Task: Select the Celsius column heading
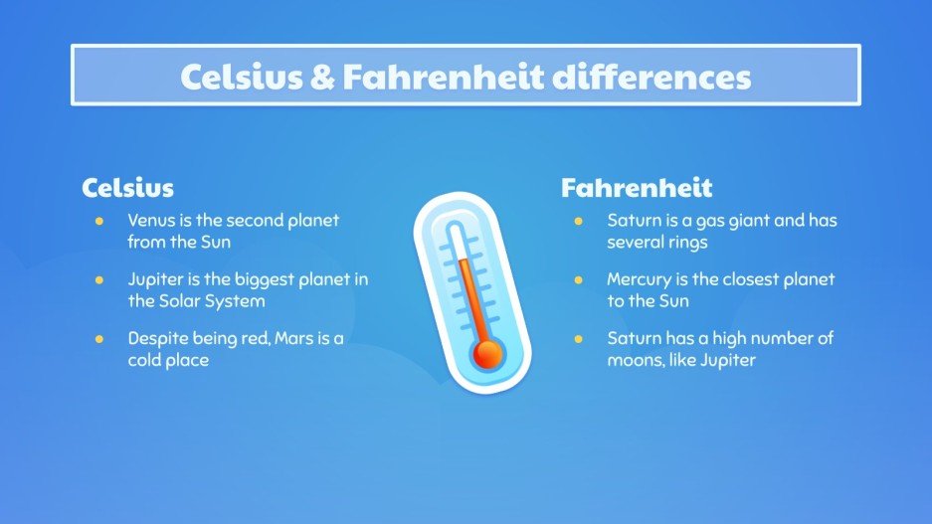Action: coord(127,187)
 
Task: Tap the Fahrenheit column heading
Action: coord(637,187)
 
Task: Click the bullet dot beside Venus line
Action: coord(98,221)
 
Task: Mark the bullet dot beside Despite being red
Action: coord(98,339)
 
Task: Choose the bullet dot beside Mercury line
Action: coord(579,279)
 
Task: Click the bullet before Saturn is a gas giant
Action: coord(579,221)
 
